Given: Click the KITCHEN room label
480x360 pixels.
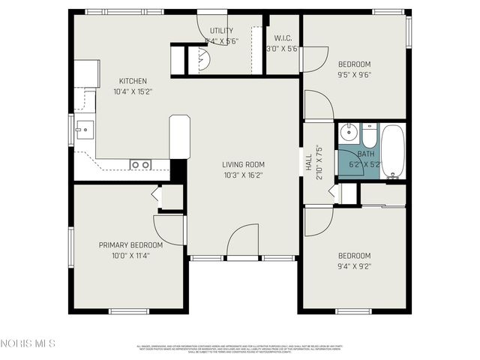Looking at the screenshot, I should pos(133,81).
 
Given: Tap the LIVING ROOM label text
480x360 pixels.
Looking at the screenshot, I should pos(243,164).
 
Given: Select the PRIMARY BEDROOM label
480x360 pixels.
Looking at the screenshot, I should pos(130,245).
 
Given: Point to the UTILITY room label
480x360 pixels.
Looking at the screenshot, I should pos(221,31).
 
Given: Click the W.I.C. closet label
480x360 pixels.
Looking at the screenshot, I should pos(283,37).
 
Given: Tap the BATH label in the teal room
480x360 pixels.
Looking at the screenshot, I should pos(366,154).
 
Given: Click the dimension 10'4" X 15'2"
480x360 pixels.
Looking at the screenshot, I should pos(133,92).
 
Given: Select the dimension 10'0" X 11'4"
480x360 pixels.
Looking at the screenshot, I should pos(130,256).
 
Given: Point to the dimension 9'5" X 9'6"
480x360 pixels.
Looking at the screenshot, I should pos(354,74).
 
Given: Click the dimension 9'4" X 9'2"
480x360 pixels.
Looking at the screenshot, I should pos(354,265).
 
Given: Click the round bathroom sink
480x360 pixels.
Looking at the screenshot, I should pos(347,134).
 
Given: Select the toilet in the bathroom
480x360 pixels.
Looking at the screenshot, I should pos(370,136).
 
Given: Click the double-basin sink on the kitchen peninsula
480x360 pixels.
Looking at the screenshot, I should pos(140,164).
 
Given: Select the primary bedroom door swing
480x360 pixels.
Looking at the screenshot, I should pos(168,229).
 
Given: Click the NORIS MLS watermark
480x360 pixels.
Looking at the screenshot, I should pos(28,343).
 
